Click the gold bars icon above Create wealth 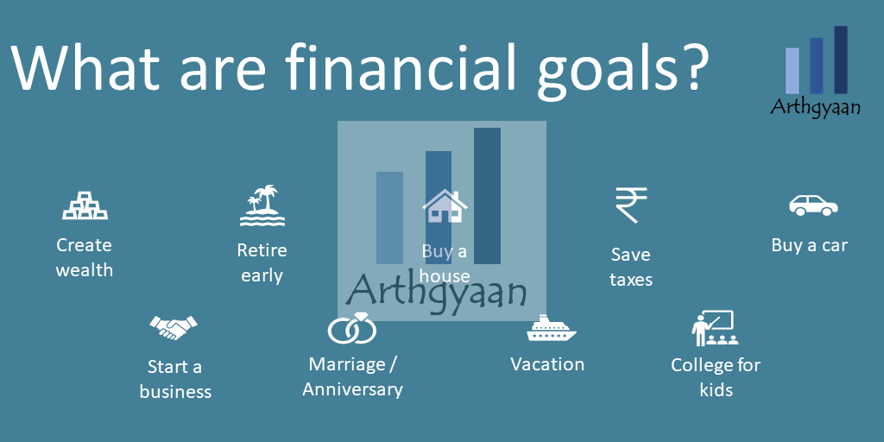click(x=85, y=205)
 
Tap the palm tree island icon click(x=262, y=205)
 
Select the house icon click(x=445, y=205)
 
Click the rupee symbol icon click(x=631, y=205)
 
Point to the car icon click(x=813, y=205)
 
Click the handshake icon click(x=173, y=327)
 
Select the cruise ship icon click(x=552, y=328)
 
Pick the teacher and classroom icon click(x=715, y=328)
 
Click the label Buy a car click(x=810, y=245)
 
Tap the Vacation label click(x=547, y=364)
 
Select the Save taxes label click(x=631, y=268)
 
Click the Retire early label click(x=262, y=262)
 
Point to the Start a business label click(x=175, y=380)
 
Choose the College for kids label click(x=716, y=377)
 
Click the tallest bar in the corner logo click(x=841, y=60)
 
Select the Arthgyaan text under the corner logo click(x=815, y=106)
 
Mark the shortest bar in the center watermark click(x=389, y=218)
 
